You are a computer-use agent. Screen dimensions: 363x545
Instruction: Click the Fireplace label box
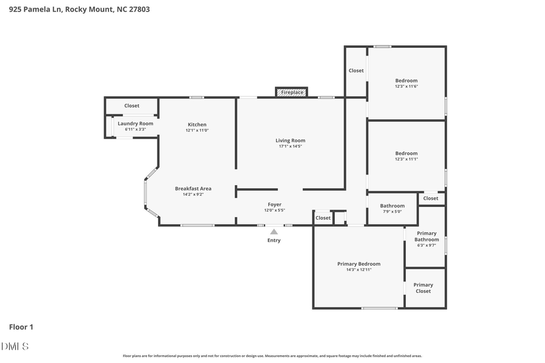[x=292, y=93]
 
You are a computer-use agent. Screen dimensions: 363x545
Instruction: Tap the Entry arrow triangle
[x=274, y=231]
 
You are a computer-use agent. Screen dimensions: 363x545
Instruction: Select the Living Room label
[x=290, y=140]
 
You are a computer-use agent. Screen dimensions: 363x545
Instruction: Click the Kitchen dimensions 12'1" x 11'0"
[x=197, y=131]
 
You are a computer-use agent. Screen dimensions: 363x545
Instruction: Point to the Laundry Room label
[x=135, y=123]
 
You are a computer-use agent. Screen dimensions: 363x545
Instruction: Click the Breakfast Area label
[x=193, y=188]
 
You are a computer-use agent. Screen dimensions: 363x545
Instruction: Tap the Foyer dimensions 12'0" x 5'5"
[x=274, y=211]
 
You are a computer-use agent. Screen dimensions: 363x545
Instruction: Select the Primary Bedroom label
[x=358, y=264]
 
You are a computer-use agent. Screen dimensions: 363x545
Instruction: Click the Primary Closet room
[x=423, y=288]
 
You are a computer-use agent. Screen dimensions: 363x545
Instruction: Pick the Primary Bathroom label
[x=426, y=237]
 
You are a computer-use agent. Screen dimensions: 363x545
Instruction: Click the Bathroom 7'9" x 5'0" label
[x=392, y=208]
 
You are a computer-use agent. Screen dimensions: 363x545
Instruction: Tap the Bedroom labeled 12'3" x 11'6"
[x=406, y=83]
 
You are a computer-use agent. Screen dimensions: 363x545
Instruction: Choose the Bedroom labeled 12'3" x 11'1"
[x=406, y=156]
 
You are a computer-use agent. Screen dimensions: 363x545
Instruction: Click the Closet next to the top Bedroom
[x=356, y=71]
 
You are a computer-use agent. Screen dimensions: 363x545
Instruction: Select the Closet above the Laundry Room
[x=131, y=106]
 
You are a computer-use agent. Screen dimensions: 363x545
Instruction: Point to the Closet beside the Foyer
[x=323, y=218]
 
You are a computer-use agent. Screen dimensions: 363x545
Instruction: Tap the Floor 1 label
[x=21, y=327]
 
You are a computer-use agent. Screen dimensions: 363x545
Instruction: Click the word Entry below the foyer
[x=274, y=240]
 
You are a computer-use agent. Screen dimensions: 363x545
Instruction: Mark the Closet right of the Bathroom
[x=431, y=198]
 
